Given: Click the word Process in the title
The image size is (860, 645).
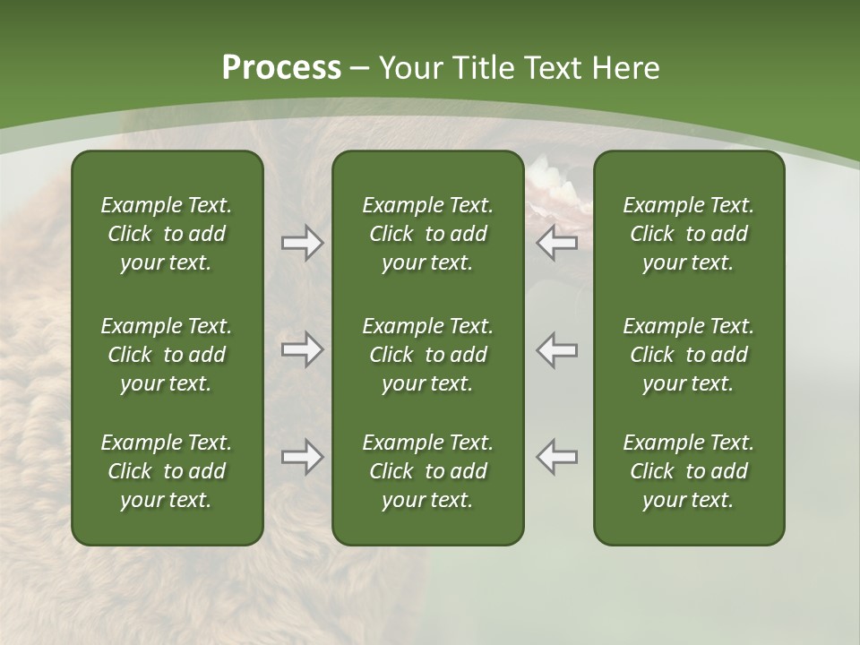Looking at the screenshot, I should (x=281, y=68).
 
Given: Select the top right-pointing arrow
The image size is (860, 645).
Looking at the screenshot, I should (x=303, y=243).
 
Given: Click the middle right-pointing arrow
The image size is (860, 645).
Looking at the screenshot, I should (x=303, y=349).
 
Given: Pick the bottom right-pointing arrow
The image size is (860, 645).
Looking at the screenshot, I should (x=303, y=457).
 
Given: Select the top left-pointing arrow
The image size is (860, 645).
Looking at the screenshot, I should (x=557, y=243).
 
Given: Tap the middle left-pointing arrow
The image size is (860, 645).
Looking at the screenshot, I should (x=557, y=349).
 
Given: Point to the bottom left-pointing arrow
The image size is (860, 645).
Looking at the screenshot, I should (x=557, y=457).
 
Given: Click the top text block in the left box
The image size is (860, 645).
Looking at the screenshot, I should (x=167, y=234).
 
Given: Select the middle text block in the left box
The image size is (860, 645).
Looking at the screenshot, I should (x=167, y=355).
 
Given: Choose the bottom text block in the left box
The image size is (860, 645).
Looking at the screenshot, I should (x=167, y=471).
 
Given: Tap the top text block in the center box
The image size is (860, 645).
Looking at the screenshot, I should (x=427, y=234).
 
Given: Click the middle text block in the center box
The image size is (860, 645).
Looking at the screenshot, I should (x=427, y=355).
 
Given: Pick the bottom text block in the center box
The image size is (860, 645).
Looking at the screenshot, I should (x=427, y=471).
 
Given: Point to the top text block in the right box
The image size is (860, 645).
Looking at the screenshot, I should (x=688, y=234).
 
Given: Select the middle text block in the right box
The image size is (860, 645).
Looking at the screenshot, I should (x=688, y=355).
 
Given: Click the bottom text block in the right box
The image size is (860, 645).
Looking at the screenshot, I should (x=688, y=471).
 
